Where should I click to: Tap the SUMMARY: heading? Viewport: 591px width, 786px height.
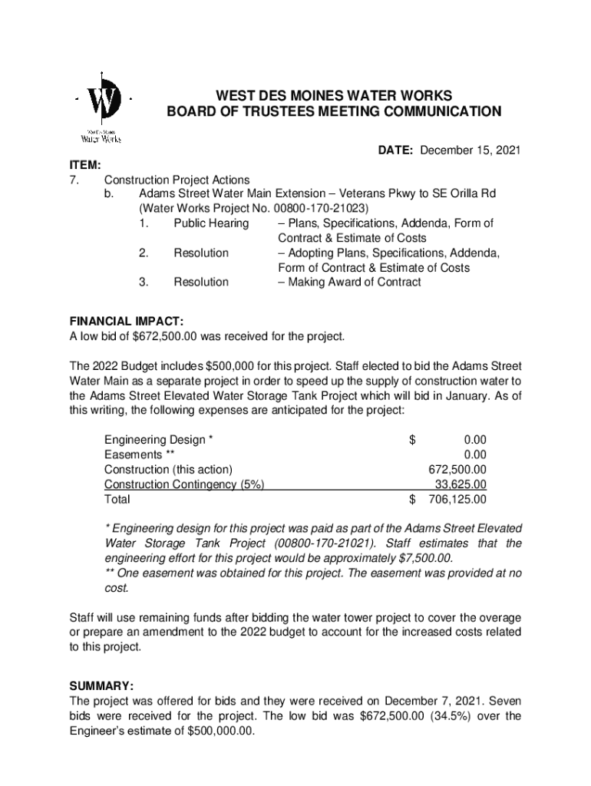pyautogui.click(x=101, y=685)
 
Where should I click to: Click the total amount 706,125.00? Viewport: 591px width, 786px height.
pyautogui.click(x=457, y=500)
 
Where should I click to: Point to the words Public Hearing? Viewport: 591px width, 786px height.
pyautogui.click(x=211, y=223)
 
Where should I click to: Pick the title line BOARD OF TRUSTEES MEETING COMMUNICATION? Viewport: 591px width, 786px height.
pyautogui.click(x=334, y=112)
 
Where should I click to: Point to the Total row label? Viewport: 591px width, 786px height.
pyautogui.click(x=117, y=500)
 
